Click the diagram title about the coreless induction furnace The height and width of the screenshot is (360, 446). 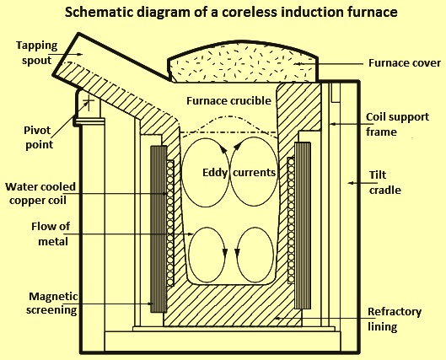(x=231, y=13)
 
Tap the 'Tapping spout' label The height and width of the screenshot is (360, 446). (x=37, y=53)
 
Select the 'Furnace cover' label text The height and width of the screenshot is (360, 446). (x=405, y=63)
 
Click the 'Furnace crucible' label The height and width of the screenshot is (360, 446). (x=228, y=100)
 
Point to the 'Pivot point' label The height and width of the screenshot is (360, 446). (x=38, y=137)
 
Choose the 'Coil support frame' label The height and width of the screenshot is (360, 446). (x=397, y=124)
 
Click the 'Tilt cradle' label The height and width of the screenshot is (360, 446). (x=385, y=183)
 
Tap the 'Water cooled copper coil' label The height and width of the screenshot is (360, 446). (x=40, y=194)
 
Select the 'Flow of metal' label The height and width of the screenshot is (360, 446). (x=51, y=234)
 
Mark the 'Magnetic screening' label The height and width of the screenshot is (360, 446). (x=51, y=304)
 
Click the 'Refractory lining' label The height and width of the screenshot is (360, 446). (x=395, y=319)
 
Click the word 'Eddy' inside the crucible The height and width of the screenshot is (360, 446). (x=215, y=173)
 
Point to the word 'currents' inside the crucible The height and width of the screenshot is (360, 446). (x=254, y=173)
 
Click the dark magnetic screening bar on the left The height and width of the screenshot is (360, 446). (x=159, y=229)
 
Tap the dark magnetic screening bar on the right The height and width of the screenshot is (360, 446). (x=303, y=226)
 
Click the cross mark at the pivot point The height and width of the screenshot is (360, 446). (x=89, y=103)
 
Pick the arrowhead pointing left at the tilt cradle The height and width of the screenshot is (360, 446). (x=351, y=183)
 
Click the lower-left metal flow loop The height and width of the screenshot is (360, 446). (x=208, y=255)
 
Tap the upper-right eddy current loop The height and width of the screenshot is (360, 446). (x=254, y=172)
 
